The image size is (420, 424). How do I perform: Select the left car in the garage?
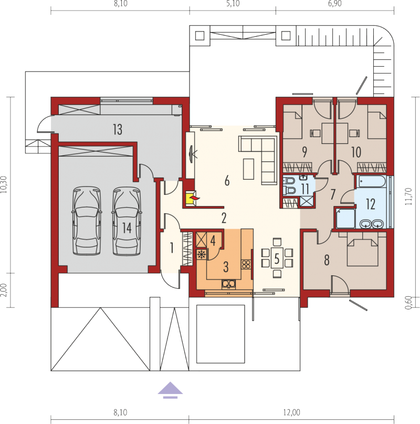pos(87,220)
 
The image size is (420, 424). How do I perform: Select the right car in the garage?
pos(127,220)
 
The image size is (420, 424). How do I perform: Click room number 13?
pos(118,129)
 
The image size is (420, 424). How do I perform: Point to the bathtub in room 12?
pos(371,181)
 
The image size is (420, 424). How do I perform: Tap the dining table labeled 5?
pos(277,258)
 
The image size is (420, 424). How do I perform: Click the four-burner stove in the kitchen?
pos(246,264)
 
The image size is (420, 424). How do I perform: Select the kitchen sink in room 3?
pos(229,284)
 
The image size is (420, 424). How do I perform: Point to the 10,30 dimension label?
pos(4,184)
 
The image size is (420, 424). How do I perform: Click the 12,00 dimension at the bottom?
pos(291,412)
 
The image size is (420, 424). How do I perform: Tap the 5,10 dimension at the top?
pos(233,4)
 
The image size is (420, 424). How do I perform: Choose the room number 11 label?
pos(305,189)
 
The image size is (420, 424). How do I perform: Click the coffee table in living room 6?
pos(248,169)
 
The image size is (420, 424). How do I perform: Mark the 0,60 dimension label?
pos(409,303)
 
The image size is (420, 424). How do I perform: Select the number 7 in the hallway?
pos(333,194)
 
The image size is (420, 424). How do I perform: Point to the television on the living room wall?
pos(192,154)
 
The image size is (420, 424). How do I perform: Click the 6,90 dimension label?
pos(335,4)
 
